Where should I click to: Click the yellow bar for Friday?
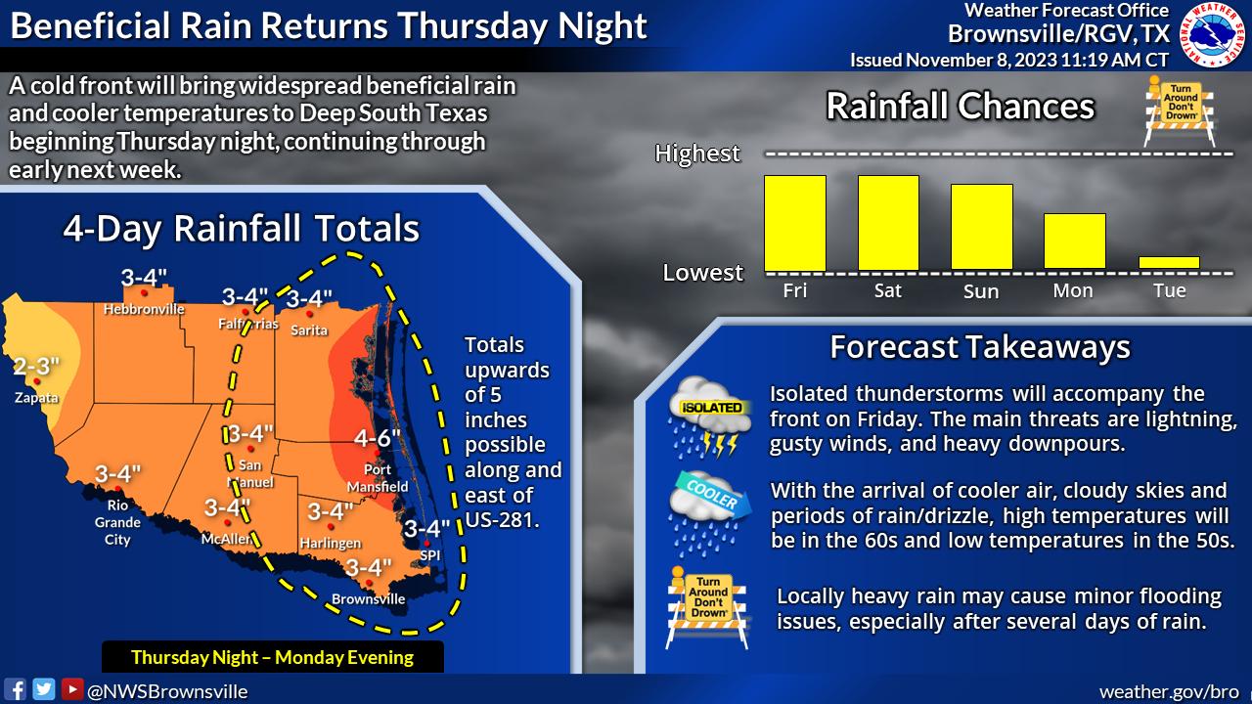(x=795, y=223)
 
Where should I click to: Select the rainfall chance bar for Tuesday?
(x=1169, y=263)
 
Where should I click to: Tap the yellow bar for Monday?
(x=1075, y=241)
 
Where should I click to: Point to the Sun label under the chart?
(x=981, y=291)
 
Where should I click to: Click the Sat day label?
(x=887, y=290)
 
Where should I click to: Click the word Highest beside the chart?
(x=697, y=154)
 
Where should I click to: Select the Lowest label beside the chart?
(x=702, y=273)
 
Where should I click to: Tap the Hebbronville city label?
(x=144, y=309)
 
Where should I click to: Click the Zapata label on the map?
(x=36, y=397)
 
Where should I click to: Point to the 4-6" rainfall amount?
(x=378, y=438)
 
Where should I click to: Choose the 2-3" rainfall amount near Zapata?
(x=36, y=366)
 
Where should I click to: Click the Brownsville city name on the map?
(x=369, y=599)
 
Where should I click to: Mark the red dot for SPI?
(x=427, y=543)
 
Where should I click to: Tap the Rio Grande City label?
(x=117, y=522)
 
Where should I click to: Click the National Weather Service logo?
(x=1212, y=34)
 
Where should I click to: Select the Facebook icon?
(x=15, y=689)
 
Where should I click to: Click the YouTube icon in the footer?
(x=72, y=689)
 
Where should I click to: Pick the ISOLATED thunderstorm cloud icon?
(x=710, y=417)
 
